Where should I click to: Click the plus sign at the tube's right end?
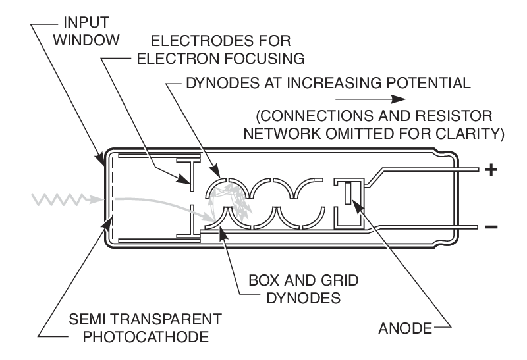(490, 170)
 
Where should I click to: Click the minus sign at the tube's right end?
(491, 228)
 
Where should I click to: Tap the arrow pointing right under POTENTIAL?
(406, 99)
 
